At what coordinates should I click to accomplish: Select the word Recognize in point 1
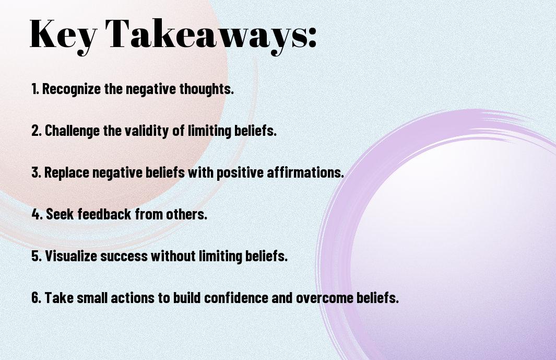click(x=72, y=89)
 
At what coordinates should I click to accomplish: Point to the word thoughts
click(x=206, y=89)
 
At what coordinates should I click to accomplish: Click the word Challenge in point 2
click(x=73, y=131)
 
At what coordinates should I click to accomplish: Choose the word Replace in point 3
click(x=67, y=172)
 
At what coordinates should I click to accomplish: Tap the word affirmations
click(x=305, y=172)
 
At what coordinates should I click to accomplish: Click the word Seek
click(x=60, y=214)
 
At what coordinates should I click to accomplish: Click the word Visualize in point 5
click(x=71, y=256)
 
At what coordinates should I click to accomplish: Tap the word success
click(x=124, y=257)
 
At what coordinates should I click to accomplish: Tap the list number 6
click(x=37, y=297)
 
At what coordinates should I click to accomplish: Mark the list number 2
click(x=37, y=131)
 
